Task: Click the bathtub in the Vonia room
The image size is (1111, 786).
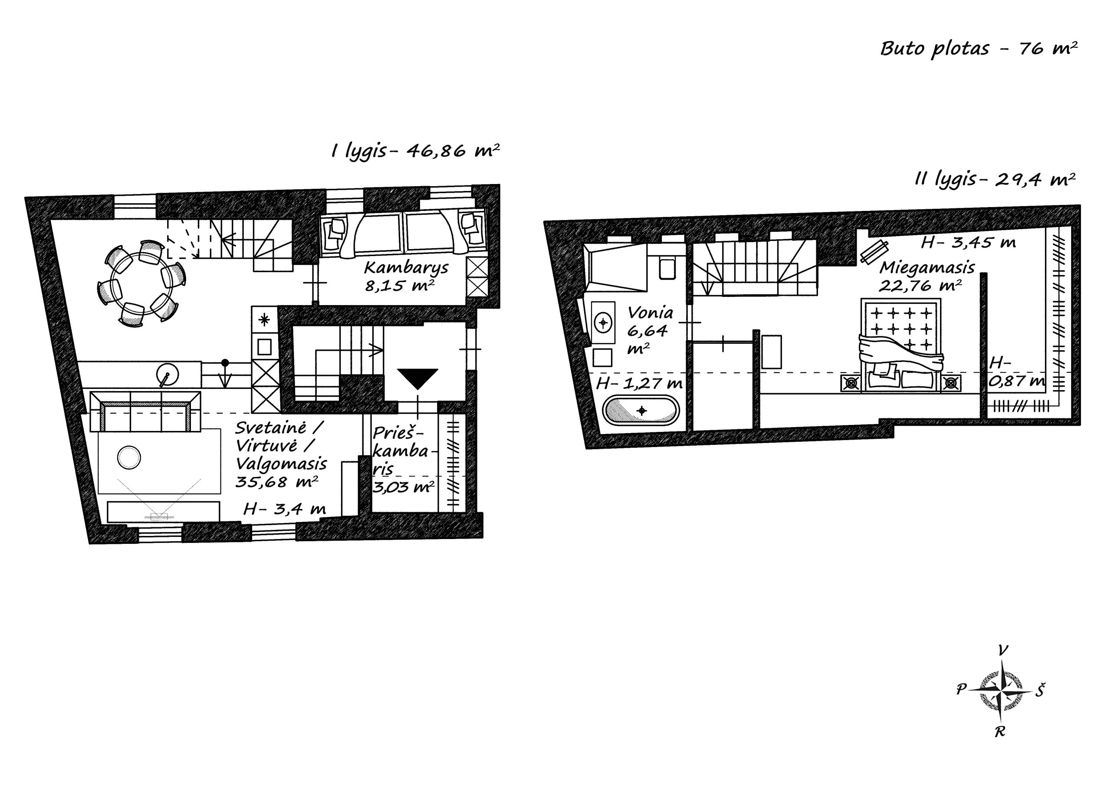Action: click(x=641, y=411)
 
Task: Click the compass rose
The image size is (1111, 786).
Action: click(x=1001, y=690)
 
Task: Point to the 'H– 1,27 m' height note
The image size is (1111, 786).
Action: click(x=639, y=384)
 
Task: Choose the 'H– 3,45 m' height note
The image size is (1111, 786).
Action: click(x=968, y=243)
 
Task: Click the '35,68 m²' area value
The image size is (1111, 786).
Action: click(x=277, y=482)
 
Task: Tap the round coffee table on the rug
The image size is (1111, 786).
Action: click(x=129, y=457)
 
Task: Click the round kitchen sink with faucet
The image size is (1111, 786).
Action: click(x=168, y=375)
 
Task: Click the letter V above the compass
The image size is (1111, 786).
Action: click(x=1003, y=651)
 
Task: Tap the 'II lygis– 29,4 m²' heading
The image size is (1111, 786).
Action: click(x=995, y=180)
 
